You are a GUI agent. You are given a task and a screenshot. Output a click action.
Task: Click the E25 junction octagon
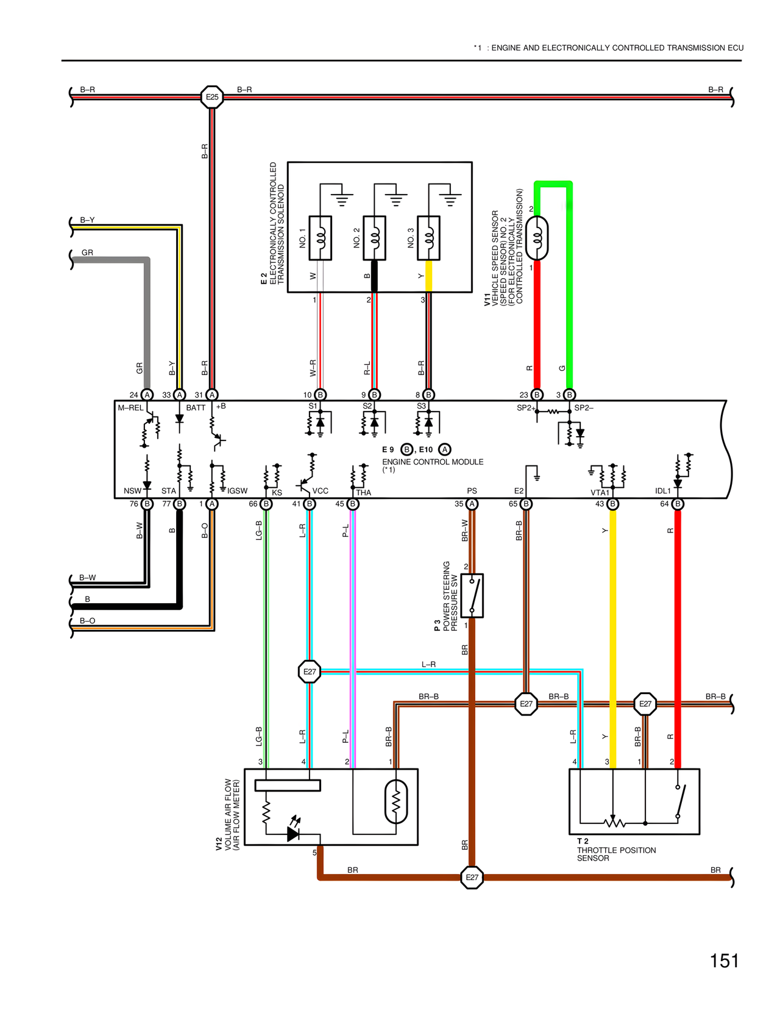[x=211, y=97]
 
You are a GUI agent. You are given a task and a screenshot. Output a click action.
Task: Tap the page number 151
[x=724, y=961]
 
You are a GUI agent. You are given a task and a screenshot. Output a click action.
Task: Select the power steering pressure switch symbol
[x=472, y=595]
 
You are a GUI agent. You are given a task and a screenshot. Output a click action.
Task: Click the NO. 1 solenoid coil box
[x=321, y=238]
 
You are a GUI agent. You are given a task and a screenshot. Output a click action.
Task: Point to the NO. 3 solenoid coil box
[x=428, y=238]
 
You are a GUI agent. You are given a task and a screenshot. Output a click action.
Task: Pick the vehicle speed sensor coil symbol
[x=537, y=238]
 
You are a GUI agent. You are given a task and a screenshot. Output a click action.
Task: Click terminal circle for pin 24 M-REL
[x=147, y=395]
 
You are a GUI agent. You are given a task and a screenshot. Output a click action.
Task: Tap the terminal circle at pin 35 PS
[x=472, y=504]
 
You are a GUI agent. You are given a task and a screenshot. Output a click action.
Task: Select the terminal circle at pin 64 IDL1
[x=678, y=504]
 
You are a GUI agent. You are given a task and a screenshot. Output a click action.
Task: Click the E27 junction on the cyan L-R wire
[x=310, y=672]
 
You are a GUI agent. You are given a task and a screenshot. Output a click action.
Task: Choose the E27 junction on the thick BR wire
[x=472, y=878]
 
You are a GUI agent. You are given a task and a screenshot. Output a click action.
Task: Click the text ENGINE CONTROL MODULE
[x=433, y=462]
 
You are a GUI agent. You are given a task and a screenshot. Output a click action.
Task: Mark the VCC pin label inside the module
[x=320, y=491]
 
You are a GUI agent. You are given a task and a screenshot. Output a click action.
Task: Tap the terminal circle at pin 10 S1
[x=321, y=395]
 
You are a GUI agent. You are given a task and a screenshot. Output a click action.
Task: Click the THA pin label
[x=363, y=492]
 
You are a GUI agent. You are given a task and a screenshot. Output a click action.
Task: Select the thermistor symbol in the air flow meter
[x=396, y=801]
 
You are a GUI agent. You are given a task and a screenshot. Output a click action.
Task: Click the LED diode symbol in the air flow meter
[x=294, y=833]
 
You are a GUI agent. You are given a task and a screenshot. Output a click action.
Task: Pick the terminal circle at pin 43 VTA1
[x=613, y=504]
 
